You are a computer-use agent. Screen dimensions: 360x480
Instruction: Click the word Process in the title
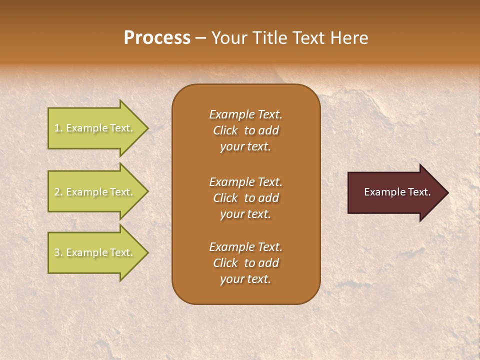[x=157, y=38]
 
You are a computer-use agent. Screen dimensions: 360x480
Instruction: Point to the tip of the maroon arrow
[x=447, y=192]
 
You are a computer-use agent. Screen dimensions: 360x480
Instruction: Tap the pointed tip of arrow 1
[x=147, y=128]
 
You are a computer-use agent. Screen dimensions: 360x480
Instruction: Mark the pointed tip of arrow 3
[x=147, y=252]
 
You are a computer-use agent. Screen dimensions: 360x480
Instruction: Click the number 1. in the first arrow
[x=58, y=128]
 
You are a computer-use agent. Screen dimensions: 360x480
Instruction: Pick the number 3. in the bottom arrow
[x=58, y=253]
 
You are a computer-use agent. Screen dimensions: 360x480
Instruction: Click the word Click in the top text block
[x=225, y=131]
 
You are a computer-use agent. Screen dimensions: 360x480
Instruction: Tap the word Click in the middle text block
[x=225, y=198]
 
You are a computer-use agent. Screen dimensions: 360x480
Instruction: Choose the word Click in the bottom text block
[x=225, y=263]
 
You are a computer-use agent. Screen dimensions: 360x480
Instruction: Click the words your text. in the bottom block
[x=245, y=279]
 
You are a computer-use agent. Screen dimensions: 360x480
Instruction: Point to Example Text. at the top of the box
[x=245, y=114]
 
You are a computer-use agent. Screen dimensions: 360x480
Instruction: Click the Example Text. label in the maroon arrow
[x=397, y=192]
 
